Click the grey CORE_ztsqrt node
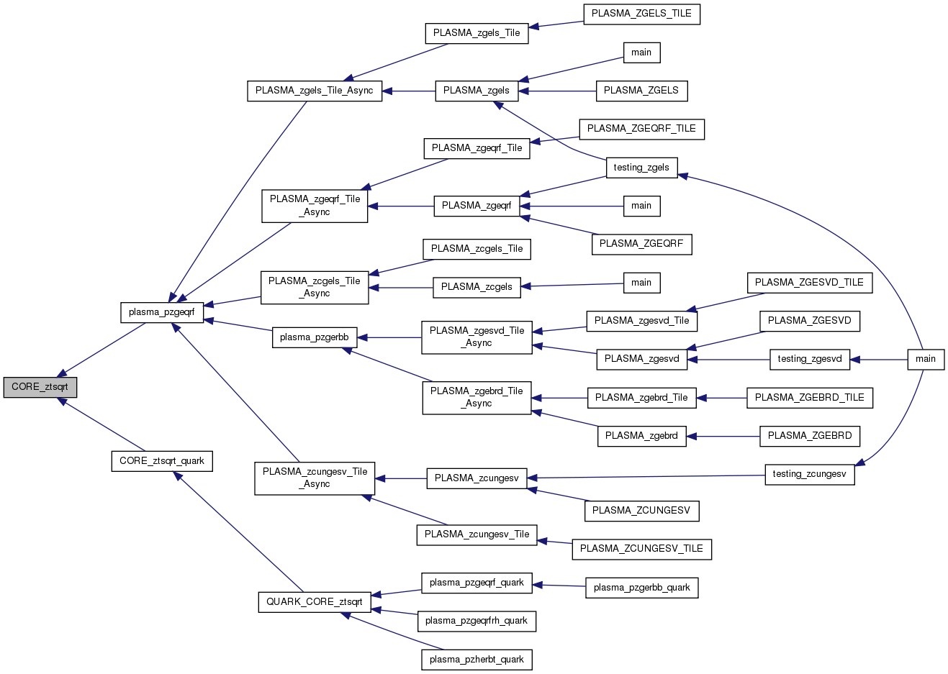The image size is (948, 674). [40, 387]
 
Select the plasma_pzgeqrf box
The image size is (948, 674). [162, 312]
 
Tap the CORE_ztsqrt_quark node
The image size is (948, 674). [162, 461]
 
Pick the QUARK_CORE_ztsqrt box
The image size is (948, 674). [315, 602]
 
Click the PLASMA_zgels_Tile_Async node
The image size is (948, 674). [315, 91]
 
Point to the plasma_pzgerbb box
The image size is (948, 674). [315, 337]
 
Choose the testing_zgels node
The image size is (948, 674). [641, 168]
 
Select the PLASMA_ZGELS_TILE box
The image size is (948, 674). [641, 14]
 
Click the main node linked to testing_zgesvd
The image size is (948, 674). [926, 359]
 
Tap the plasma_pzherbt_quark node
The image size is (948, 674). [477, 660]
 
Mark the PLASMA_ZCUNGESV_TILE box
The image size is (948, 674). [641, 549]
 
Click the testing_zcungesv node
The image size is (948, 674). [809, 474]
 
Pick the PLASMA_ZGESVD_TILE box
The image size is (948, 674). [809, 283]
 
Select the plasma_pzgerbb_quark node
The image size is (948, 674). [641, 588]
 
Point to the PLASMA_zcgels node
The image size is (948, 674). [477, 287]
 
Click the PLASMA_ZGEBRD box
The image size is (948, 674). [810, 436]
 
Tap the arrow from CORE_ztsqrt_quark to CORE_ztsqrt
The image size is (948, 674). [104, 425]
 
